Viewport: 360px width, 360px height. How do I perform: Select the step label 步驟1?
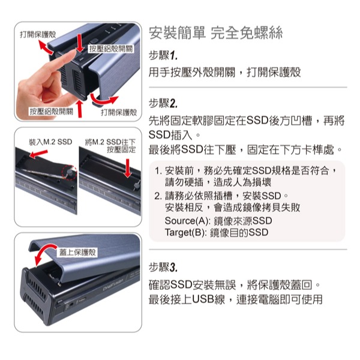point(163,56)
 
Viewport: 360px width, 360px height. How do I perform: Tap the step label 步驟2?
point(163,103)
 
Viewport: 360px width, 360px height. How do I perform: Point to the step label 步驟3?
point(163,266)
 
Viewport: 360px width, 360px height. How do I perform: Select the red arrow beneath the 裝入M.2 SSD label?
point(38,156)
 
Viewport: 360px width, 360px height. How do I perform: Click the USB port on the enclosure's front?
point(80,298)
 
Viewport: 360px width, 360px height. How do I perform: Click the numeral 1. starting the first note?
point(158,171)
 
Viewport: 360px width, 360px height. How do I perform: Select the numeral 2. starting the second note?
point(158,196)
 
